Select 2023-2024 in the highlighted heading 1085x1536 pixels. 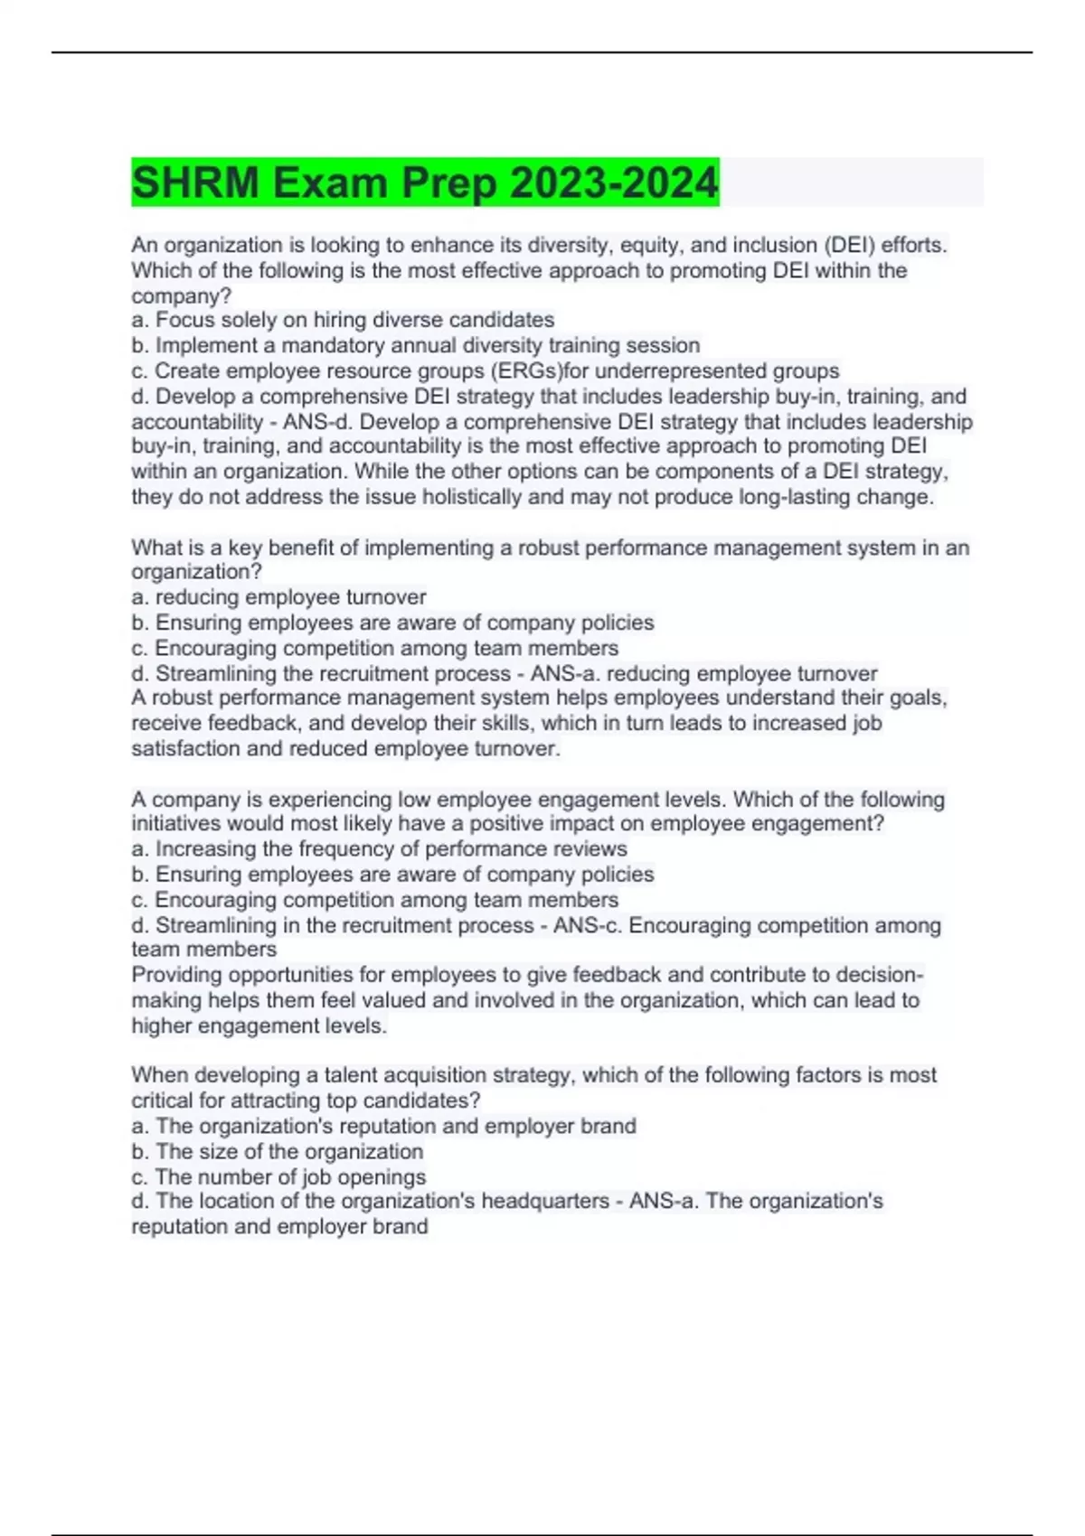(614, 183)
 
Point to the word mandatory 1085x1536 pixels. (330, 345)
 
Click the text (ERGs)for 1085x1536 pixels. (540, 370)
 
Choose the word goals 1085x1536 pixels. (918, 698)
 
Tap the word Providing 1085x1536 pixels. (176, 975)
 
